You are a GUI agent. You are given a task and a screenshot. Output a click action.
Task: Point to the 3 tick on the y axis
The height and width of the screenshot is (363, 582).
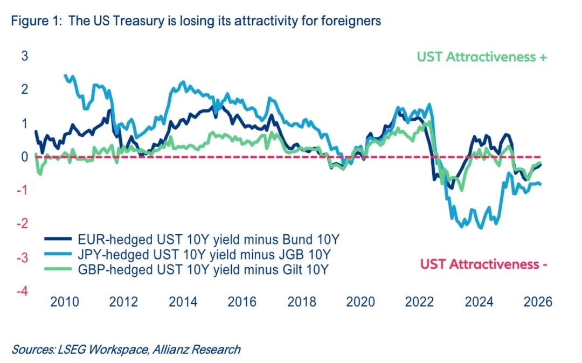point(25,57)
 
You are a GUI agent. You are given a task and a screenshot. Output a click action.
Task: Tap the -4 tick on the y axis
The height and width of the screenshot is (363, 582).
point(23,291)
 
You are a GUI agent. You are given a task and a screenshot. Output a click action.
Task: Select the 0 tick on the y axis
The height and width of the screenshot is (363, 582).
point(25,157)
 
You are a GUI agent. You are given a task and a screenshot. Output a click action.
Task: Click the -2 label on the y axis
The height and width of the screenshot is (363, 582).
point(23,224)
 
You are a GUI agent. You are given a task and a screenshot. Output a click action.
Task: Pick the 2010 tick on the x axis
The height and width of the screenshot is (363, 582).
point(65,302)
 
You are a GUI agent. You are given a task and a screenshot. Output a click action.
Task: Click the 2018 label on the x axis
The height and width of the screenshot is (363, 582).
point(302,302)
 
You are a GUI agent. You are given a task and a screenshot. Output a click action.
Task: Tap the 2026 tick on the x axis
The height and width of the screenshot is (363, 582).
point(538,302)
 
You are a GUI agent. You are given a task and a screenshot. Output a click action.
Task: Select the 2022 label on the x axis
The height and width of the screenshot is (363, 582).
point(420,302)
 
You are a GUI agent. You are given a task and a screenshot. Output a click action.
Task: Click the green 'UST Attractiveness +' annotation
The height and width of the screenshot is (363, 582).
point(482,57)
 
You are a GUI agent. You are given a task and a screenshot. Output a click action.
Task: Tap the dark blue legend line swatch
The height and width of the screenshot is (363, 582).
point(58,239)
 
